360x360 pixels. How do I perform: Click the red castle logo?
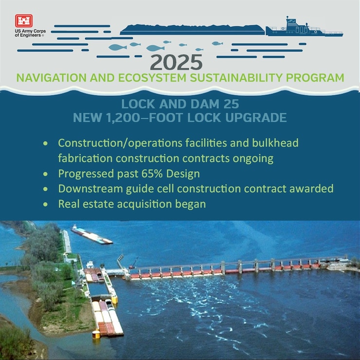[23, 21]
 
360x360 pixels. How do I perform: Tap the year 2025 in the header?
[176, 62]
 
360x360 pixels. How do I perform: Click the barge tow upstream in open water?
[91, 234]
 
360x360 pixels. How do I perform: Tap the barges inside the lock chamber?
[106, 316]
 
